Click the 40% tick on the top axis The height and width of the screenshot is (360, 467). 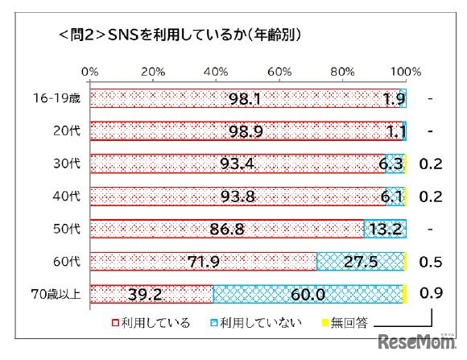pos(216,72)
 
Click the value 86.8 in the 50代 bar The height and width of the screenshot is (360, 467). pos(227,229)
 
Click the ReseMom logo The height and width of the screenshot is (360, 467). pos(422,339)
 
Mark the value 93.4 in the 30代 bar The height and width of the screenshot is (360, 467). pos(238,163)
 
